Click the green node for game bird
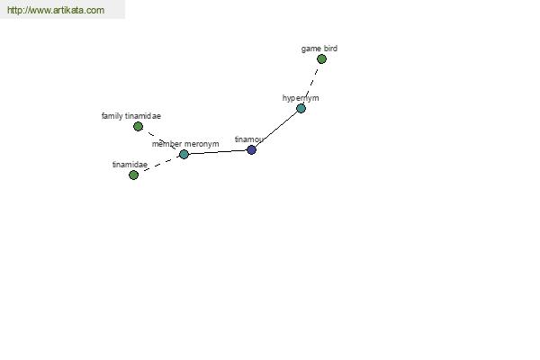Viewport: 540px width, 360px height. click(x=321, y=58)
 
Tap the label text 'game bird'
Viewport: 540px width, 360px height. click(x=319, y=49)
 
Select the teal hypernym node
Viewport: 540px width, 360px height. click(x=301, y=109)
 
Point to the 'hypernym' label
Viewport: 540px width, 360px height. click(x=301, y=98)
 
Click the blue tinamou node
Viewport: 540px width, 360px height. click(x=251, y=150)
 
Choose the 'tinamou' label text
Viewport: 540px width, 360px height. click(x=249, y=139)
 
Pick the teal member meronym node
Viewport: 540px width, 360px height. click(x=184, y=154)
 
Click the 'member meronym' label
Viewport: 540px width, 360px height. click(x=185, y=144)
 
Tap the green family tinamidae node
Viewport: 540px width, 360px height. click(x=138, y=126)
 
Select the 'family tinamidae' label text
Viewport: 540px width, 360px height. click(x=131, y=116)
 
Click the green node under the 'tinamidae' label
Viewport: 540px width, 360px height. click(x=133, y=175)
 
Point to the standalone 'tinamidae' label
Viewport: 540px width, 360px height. click(x=130, y=165)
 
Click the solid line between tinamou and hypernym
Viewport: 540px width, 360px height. click(x=276, y=130)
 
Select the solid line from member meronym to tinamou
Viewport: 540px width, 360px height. click(x=218, y=152)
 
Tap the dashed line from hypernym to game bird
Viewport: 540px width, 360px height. click(x=311, y=84)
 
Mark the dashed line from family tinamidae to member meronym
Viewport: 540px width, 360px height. click(x=161, y=140)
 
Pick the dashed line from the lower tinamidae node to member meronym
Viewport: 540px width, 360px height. click(x=158, y=165)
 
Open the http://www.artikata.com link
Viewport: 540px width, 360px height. click(x=56, y=10)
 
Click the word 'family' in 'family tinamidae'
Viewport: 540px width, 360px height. click(x=112, y=116)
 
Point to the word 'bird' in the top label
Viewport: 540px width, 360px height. click(x=330, y=49)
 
